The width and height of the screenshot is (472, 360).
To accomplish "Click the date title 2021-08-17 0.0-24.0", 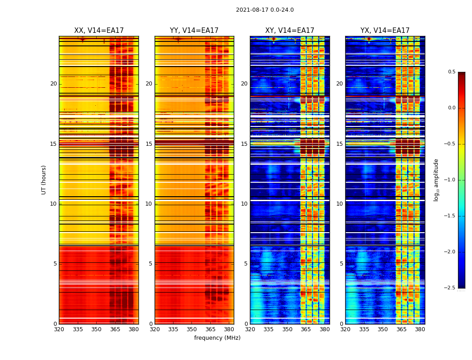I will (265, 10).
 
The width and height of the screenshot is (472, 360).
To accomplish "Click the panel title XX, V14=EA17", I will (99, 31).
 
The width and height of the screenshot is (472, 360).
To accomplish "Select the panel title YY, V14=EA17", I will (194, 31).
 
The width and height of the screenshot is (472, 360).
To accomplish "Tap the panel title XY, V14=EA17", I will (289, 31).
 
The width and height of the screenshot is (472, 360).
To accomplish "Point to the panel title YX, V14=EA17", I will (385, 31).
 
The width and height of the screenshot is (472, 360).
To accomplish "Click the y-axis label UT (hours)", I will (44, 180).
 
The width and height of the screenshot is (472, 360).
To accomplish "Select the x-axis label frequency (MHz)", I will (217, 338).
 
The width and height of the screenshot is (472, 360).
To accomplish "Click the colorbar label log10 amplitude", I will (436, 180).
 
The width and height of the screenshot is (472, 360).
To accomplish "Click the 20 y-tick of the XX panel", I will (53, 84).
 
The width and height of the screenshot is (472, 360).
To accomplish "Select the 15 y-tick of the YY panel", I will (149, 144).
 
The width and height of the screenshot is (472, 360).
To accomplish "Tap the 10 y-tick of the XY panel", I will (244, 204).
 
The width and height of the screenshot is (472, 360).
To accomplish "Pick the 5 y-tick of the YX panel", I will (341, 264).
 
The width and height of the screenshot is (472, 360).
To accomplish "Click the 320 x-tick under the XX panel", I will (59, 329).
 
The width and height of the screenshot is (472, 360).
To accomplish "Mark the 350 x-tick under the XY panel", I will (287, 329).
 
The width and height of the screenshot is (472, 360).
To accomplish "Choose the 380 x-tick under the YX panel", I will (420, 329).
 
